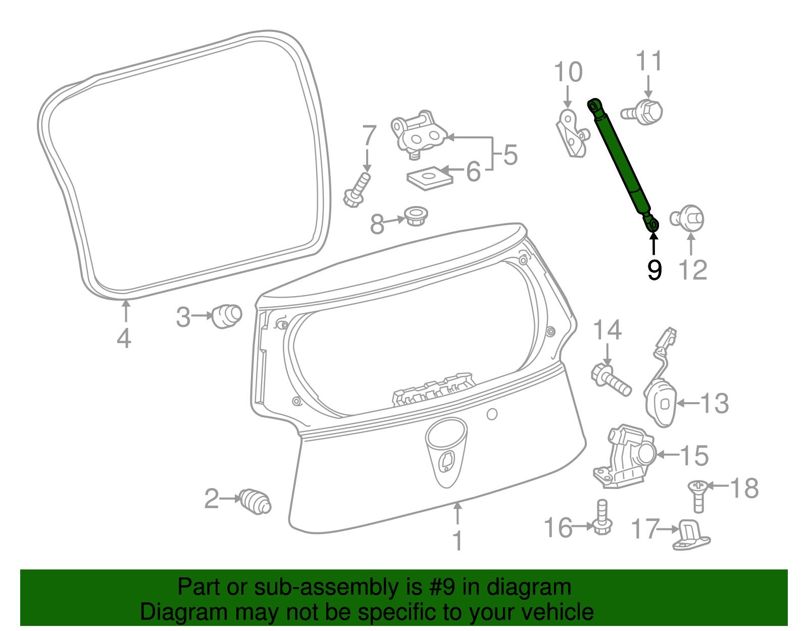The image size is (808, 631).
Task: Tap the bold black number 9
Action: click(x=654, y=270)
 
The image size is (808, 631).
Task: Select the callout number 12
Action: click(x=693, y=270)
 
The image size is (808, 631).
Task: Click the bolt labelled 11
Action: click(x=642, y=112)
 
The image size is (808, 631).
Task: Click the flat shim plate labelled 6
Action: click(x=430, y=178)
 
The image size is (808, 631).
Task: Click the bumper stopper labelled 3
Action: click(x=226, y=316)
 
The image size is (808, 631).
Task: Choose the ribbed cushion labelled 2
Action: click(x=255, y=502)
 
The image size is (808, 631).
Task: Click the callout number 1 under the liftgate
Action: click(x=458, y=541)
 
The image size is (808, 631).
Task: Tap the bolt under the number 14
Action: click(x=611, y=381)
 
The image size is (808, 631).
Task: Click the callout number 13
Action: click(x=714, y=404)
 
